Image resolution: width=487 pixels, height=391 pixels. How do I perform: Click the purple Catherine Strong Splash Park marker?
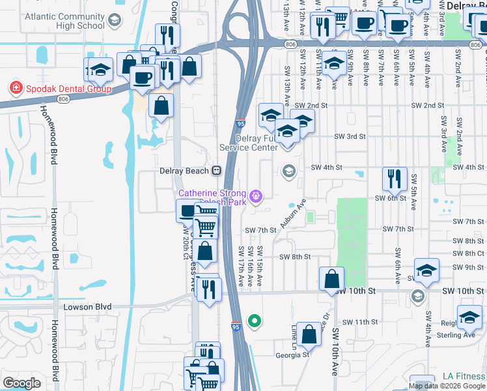(256, 194)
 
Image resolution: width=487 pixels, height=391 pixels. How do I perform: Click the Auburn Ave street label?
(292, 214)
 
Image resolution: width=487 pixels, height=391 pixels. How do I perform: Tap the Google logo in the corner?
(21, 383)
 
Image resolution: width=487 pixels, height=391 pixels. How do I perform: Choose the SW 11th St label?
(360, 322)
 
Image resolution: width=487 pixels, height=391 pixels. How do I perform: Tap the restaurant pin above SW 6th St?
(395, 177)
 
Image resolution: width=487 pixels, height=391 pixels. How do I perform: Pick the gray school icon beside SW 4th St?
(288, 171)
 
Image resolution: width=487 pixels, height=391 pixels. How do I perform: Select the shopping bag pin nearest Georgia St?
(309, 335)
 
